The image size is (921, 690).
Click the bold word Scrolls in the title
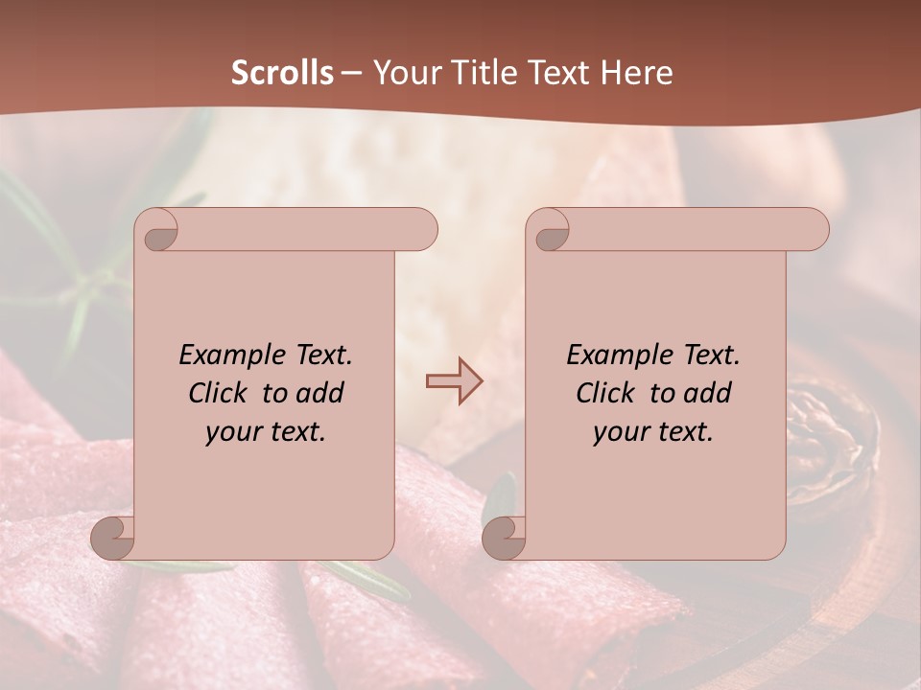[x=282, y=73]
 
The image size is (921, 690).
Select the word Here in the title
[x=638, y=73]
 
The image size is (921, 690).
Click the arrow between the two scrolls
[x=454, y=381]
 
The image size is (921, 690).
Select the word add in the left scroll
[x=321, y=393]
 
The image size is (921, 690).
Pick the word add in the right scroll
[x=709, y=393]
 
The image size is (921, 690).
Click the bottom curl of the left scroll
[x=113, y=537]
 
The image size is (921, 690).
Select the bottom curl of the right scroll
[x=504, y=537]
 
